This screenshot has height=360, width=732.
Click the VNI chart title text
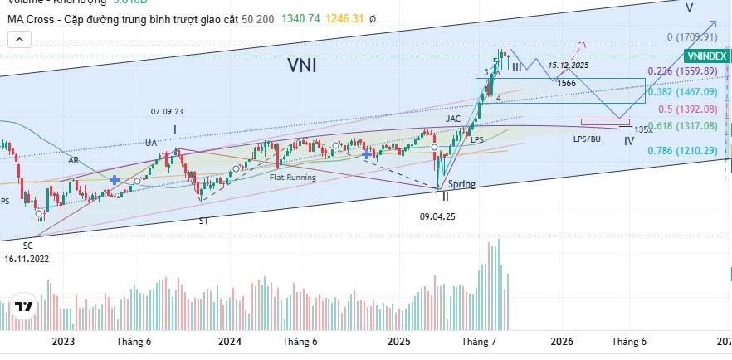(302, 64)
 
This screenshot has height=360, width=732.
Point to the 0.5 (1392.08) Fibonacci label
(687, 109)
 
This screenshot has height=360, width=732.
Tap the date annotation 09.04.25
(437, 215)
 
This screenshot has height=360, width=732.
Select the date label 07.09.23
(167, 111)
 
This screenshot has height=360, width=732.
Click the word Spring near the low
(461, 184)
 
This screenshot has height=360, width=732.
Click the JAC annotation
(453, 119)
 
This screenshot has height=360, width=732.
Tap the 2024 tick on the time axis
(230, 341)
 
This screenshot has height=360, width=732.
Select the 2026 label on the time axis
(562, 341)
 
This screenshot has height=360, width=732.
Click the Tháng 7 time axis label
(478, 341)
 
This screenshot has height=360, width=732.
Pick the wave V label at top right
(690, 7)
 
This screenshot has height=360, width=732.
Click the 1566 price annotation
(567, 83)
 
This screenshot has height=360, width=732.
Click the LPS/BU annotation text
(587, 139)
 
